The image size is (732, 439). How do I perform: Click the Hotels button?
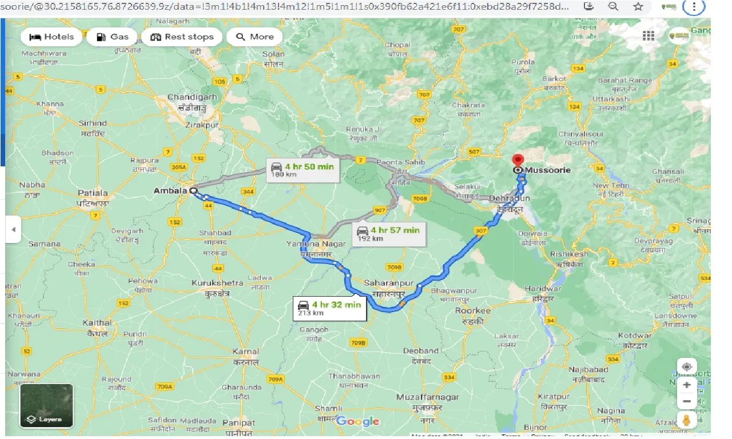pos(51,37)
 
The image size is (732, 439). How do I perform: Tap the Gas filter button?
pos(112,37)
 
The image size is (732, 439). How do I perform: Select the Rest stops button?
pos(182,37)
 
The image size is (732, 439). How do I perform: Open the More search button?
pos(254,37)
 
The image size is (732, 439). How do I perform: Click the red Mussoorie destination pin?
pos(518,161)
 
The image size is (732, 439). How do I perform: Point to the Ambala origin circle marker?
pos(193,191)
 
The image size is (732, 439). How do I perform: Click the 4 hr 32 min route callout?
pos(329,308)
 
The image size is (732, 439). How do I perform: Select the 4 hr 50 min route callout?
pos(304,169)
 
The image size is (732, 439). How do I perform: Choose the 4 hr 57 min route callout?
pos(388,233)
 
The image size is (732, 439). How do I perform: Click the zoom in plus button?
pos(687,385)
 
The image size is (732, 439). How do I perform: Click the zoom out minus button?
pos(687,402)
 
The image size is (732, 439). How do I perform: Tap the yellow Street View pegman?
pos(687,421)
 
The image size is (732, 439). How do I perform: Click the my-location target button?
pos(687,366)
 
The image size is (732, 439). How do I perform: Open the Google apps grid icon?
pos(649,36)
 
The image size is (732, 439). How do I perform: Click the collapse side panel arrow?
pos(13,230)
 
